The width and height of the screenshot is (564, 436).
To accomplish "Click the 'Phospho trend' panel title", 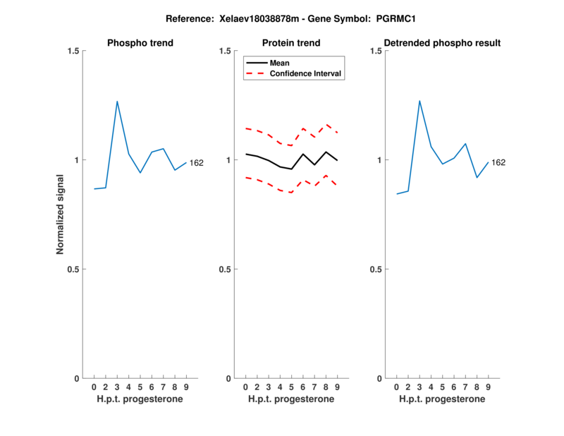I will [140, 43].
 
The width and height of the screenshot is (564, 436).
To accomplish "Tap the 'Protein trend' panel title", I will [291, 43].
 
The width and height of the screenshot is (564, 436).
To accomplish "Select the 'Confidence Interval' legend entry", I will [306, 73].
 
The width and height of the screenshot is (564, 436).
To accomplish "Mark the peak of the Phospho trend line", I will [117, 102].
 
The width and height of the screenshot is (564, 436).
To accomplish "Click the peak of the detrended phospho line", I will [419, 100].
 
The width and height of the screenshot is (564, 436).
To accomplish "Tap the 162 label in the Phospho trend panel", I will [196, 163].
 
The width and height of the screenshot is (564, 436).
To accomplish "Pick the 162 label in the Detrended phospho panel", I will [498, 163].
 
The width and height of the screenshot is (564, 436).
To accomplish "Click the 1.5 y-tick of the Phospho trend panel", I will [73, 51].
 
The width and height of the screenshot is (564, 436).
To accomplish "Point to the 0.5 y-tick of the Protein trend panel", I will [223, 270].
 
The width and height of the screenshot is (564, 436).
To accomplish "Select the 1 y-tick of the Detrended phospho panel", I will [380, 160].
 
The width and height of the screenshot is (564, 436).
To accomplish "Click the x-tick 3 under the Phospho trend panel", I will [117, 387].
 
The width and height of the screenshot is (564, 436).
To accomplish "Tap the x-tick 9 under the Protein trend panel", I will [337, 387].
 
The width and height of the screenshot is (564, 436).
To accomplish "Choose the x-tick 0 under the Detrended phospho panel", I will [397, 387].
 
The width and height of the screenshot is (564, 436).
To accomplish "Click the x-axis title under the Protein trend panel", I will [291, 399].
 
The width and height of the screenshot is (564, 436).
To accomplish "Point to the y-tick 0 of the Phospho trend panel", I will [76, 379].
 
